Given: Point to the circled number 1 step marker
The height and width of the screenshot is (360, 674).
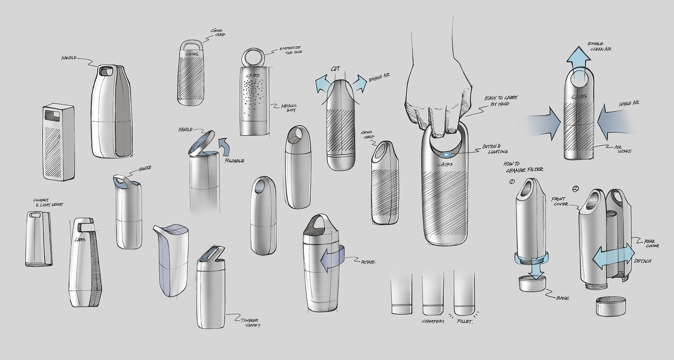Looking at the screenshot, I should pos(512,182).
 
